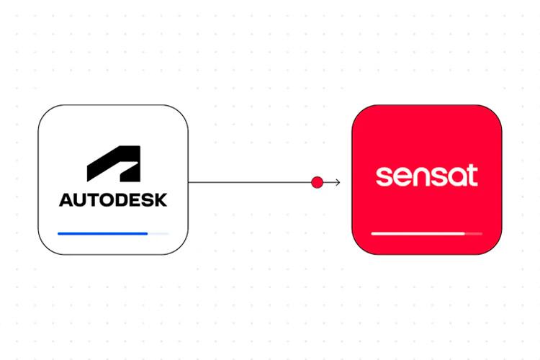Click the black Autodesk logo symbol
pos(113,165)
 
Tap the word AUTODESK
pos(113,199)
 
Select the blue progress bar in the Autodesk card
pos(102,233)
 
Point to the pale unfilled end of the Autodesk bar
pos(159,233)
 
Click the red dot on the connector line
pos(317,182)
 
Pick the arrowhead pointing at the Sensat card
pos(337,182)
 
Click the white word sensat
pos(427,176)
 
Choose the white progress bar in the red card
pos(418,233)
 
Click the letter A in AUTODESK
pos(66,199)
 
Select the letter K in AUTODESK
pos(161,199)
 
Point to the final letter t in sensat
pos(472,176)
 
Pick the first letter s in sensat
pos(383,177)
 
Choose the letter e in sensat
pos(400,177)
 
